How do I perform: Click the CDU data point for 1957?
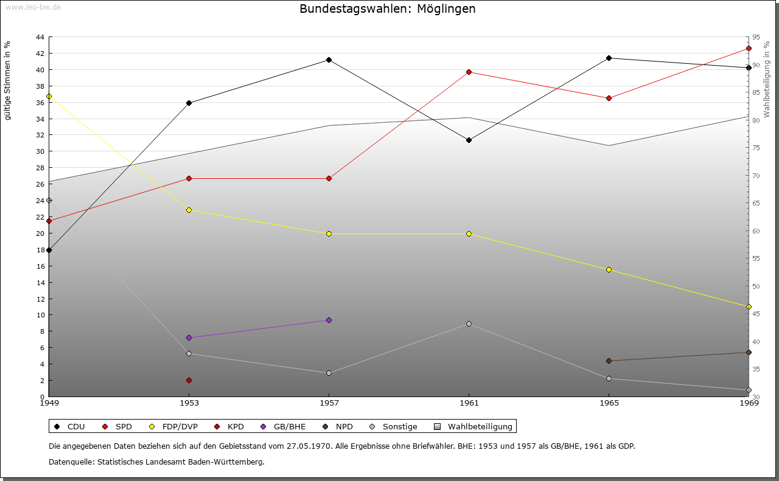click(x=329, y=60)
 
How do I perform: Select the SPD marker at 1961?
click(x=469, y=72)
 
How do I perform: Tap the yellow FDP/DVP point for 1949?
click(x=49, y=96)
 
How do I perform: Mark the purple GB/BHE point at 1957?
click(x=329, y=320)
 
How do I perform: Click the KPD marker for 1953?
click(x=189, y=380)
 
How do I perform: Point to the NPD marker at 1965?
click(x=609, y=361)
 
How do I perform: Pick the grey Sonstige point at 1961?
click(x=469, y=324)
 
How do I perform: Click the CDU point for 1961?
click(x=469, y=140)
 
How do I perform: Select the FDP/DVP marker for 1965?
click(x=609, y=269)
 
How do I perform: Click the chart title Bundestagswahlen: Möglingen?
click(x=388, y=9)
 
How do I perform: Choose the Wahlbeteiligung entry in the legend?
click(x=474, y=426)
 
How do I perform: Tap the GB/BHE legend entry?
click(x=284, y=426)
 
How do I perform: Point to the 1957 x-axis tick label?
click(x=329, y=403)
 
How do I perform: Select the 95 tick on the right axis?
click(x=755, y=37)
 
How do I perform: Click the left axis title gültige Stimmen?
click(x=8, y=80)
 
